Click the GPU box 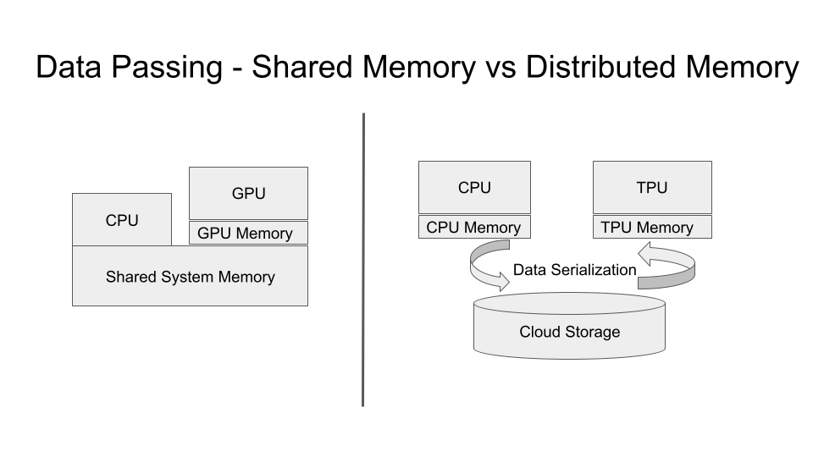[x=248, y=193]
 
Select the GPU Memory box [x=248, y=233]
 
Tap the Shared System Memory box [x=190, y=276]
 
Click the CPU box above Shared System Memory [x=122, y=220]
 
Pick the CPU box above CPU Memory [x=474, y=187]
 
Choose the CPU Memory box [x=474, y=227]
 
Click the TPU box [x=652, y=187]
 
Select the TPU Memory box [x=652, y=227]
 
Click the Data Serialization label [x=574, y=270]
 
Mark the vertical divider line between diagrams [x=363, y=260]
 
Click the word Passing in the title [x=167, y=68]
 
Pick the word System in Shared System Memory [x=186, y=278]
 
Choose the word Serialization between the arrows [x=593, y=270]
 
